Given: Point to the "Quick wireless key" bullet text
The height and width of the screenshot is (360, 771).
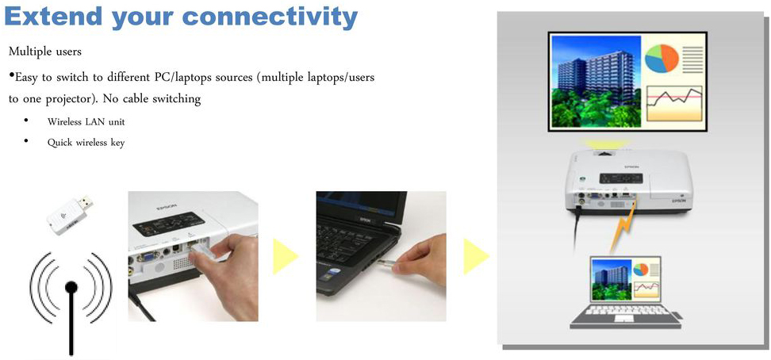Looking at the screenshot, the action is pyautogui.click(x=86, y=143).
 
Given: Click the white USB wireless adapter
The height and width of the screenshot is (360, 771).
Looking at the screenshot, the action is pyautogui.click(x=71, y=214).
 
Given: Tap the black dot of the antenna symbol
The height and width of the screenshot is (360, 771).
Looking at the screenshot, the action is pyautogui.click(x=71, y=287).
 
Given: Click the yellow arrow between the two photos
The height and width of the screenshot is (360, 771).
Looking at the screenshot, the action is pyautogui.click(x=286, y=255).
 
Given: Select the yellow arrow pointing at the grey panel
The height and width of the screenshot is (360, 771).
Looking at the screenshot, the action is pyautogui.click(x=476, y=255).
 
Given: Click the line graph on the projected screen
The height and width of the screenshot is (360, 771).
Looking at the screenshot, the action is pyautogui.click(x=673, y=103).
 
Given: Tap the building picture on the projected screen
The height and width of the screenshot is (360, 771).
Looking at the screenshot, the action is pyautogui.click(x=596, y=82).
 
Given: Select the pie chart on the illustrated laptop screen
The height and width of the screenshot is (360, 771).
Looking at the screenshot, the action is pyautogui.click(x=640, y=270).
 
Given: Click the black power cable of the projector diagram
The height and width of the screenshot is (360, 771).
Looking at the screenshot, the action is pyautogui.click(x=575, y=232).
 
